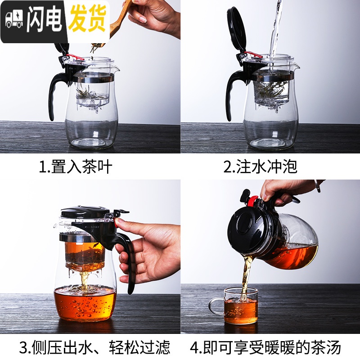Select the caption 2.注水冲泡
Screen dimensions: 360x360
click(261, 167)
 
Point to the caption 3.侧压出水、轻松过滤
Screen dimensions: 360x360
click(95, 347)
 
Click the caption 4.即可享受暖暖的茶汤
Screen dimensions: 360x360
click(265, 347)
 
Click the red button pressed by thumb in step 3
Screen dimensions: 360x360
click(119, 222)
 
